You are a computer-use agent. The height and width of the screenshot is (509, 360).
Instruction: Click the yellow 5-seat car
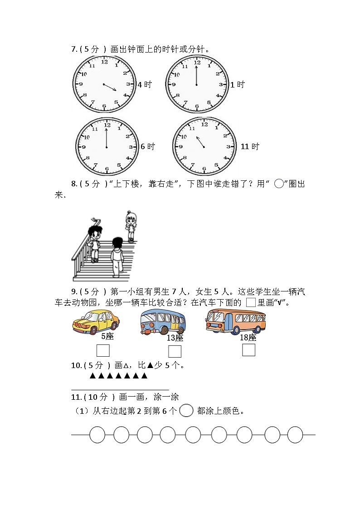coord(96,321)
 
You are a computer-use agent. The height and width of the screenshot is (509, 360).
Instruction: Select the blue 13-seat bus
coord(162,322)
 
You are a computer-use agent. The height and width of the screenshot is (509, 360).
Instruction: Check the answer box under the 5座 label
coord(103,351)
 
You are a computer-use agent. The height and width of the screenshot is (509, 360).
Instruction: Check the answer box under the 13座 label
coord(175,351)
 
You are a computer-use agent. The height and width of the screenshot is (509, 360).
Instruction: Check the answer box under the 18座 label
coord(248,350)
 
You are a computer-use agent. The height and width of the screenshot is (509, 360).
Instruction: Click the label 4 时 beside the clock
coord(145,84)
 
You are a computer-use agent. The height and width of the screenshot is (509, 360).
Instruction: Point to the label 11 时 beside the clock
coord(250,146)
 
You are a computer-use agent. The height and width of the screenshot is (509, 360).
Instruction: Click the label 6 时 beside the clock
coord(148,146)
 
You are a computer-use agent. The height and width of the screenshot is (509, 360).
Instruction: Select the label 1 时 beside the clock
coord(237,84)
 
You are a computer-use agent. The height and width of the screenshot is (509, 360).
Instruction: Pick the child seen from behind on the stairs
coord(117,257)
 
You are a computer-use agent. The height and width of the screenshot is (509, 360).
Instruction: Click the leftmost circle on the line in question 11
coord(97,435)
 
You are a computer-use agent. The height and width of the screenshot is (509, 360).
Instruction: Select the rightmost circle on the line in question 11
coord(295,435)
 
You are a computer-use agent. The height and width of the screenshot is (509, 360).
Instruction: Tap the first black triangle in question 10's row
coord(92,376)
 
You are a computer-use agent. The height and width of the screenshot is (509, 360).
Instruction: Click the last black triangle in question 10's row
coord(144,376)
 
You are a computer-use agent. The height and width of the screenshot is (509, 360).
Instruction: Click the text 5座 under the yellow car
coord(107,336)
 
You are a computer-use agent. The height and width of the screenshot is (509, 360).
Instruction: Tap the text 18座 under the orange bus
coord(248,338)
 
